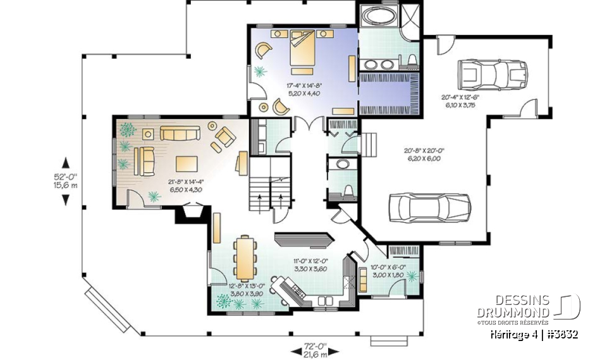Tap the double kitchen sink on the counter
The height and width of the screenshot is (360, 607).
328,300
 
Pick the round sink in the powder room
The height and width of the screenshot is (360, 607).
343,164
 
